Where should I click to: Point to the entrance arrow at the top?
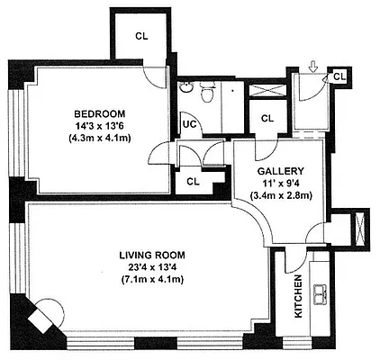[312, 66]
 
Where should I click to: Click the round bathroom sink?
[185, 87]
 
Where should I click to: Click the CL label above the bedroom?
[142, 36]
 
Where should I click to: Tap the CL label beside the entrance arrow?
[339, 76]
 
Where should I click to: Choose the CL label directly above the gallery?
[267, 118]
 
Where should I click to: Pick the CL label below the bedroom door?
[193, 181]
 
